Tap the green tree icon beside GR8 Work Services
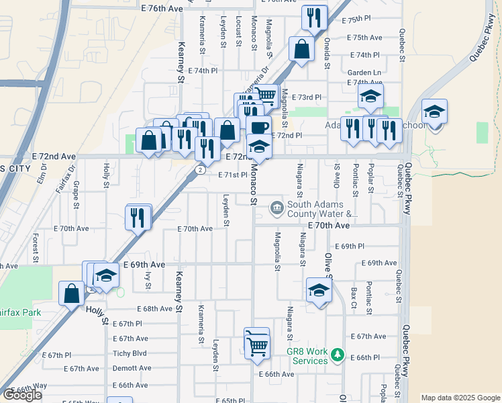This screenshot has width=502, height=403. click(339, 353)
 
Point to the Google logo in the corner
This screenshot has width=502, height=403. click(22, 395)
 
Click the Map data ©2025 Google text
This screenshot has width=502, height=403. click(460, 398)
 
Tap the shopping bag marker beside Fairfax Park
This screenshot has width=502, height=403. click(72, 294)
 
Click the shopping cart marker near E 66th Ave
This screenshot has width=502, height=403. click(257, 345)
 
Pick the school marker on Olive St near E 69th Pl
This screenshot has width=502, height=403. click(319, 289)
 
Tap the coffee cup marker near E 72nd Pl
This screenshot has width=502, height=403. click(258, 127)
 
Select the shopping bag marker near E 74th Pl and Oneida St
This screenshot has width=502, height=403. click(302, 48)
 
